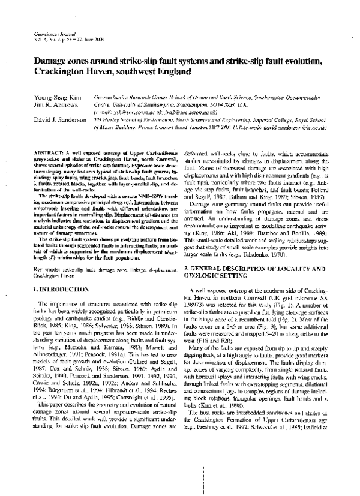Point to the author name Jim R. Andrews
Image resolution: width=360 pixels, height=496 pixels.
(x=55, y=103)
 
